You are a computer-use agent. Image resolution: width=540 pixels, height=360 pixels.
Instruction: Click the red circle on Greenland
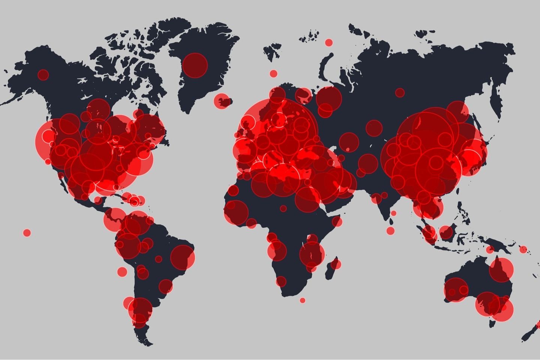tap(195, 65)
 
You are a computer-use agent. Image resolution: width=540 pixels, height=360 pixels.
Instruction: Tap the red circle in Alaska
tap(43, 75)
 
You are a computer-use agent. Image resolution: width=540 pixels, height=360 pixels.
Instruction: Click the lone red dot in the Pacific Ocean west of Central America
tap(27, 232)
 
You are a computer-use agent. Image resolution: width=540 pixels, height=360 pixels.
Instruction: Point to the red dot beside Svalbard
tap(329, 42)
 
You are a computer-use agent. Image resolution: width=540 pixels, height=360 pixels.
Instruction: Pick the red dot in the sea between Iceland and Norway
tap(273, 73)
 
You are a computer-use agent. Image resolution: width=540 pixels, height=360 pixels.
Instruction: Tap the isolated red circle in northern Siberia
tap(400, 92)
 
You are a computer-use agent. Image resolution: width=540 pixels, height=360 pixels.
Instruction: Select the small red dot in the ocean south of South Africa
tap(302, 300)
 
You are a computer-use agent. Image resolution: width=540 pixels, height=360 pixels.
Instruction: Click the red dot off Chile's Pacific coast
tap(122, 271)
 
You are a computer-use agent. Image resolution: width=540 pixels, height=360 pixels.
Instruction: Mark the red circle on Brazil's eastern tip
tap(182, 257)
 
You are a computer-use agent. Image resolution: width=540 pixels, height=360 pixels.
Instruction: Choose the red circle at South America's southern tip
tap(140, 319)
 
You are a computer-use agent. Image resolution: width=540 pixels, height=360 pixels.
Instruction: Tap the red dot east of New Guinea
tap(523, 249)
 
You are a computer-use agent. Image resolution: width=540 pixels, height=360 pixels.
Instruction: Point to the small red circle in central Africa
tap(283, 208)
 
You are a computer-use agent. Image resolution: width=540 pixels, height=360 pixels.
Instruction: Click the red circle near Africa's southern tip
tap(281, 281)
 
